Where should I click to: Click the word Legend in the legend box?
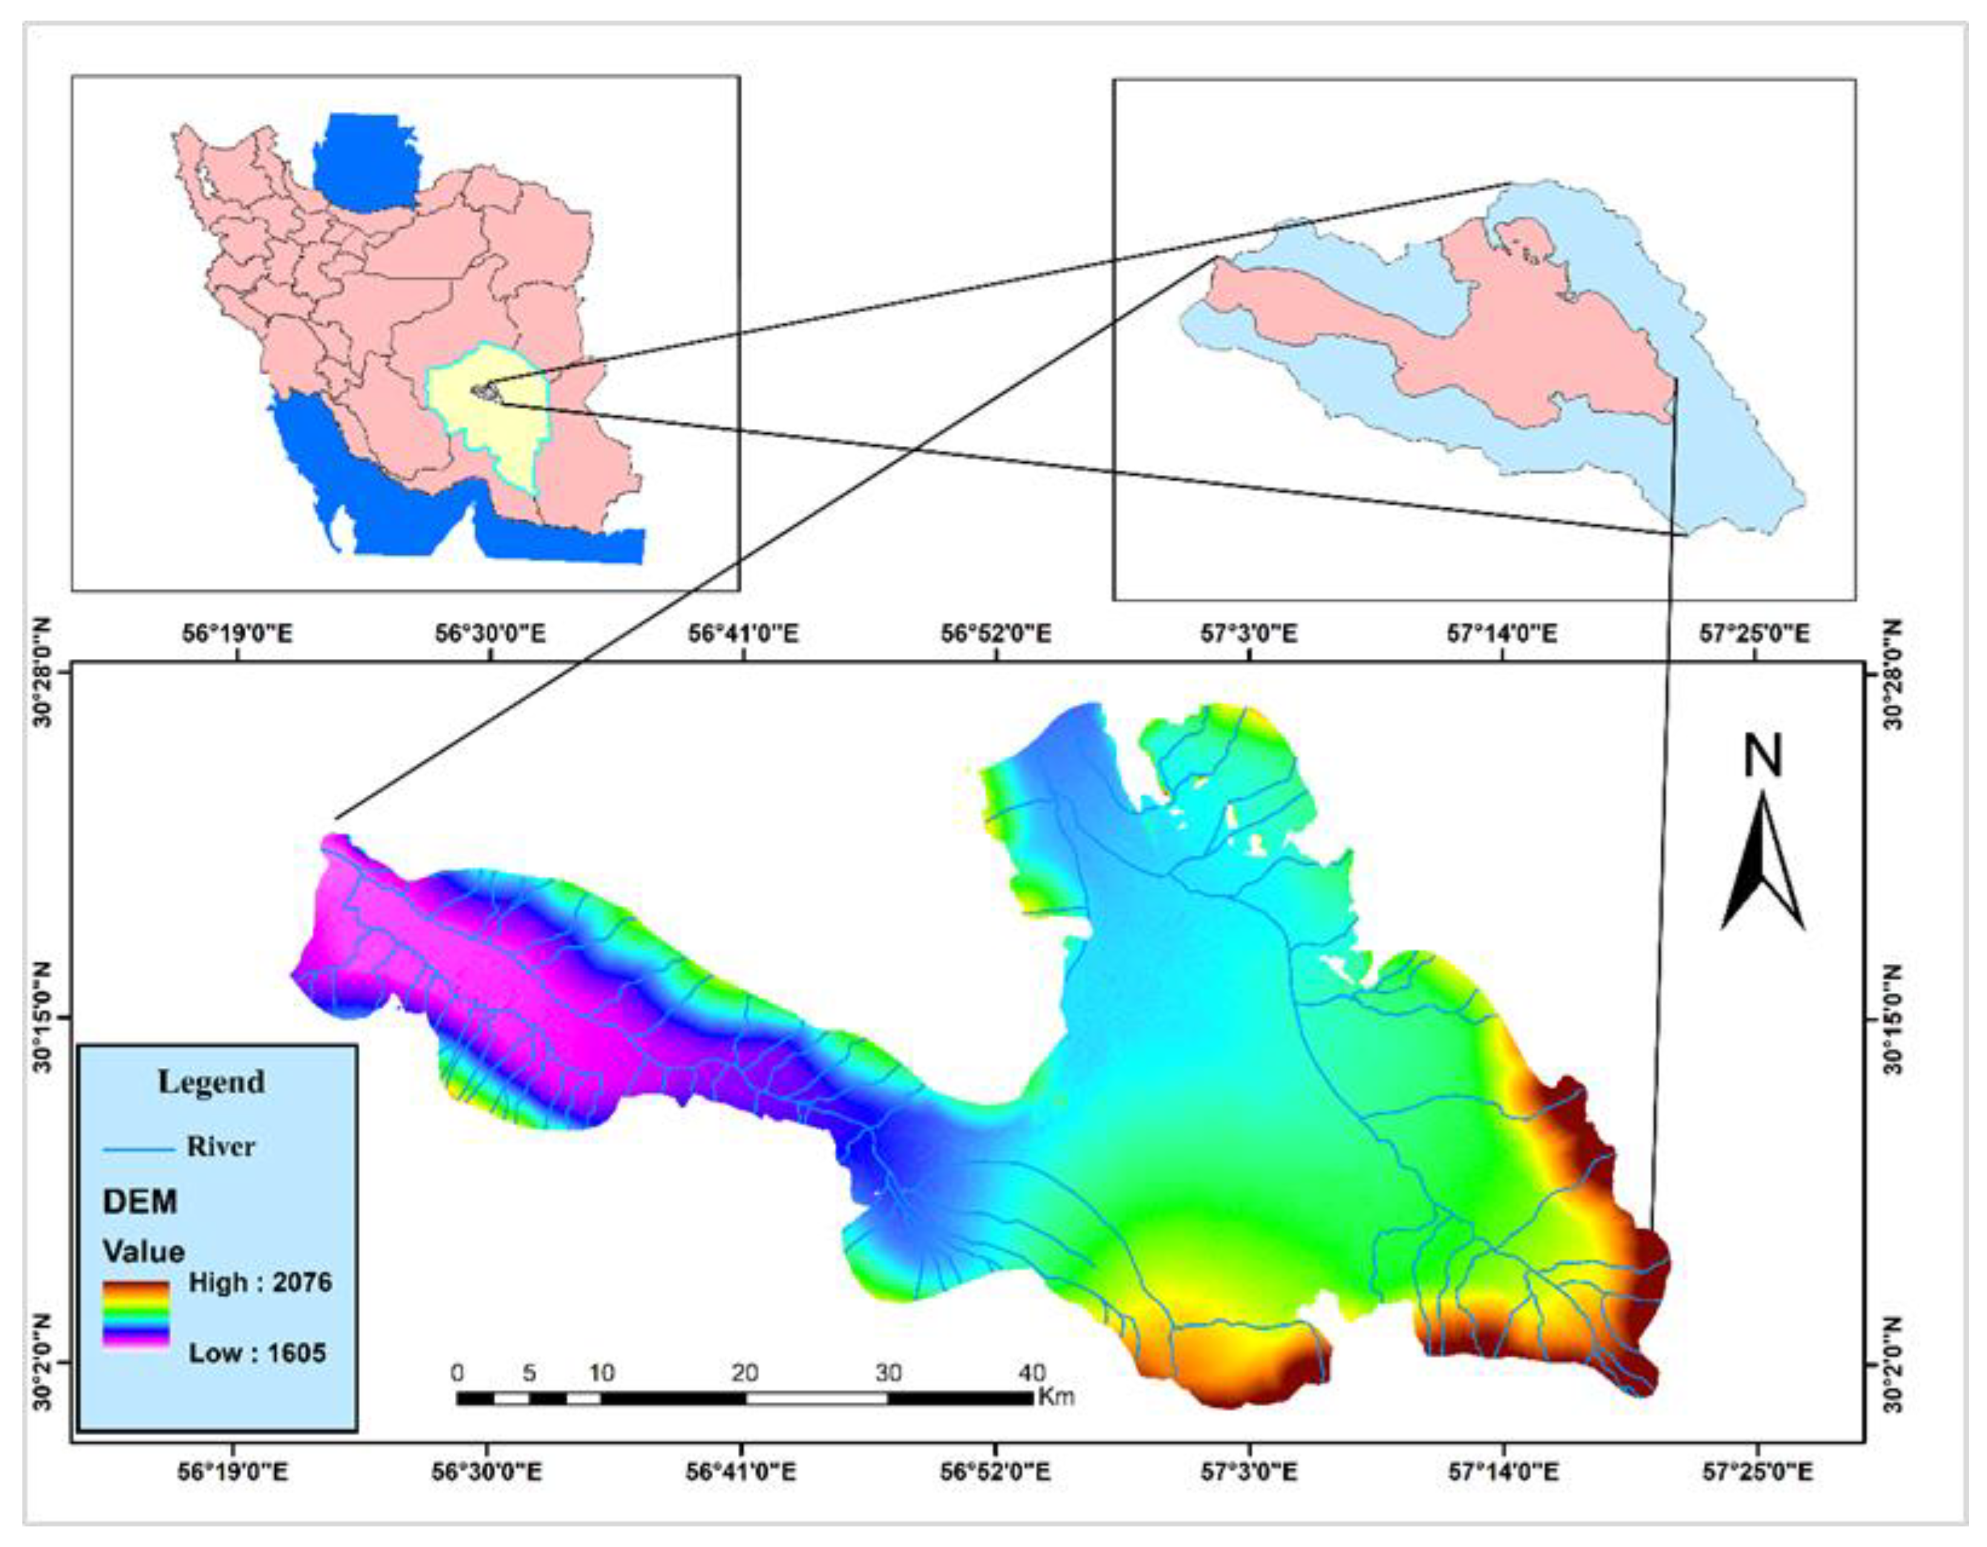(x=211, y=1081)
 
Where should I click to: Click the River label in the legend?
(x=221, y=1146)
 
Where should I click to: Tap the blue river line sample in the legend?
(x=139, y=1150)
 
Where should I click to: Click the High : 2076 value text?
(x=259, y=1283)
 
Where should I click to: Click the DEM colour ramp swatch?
(x=135, y=1316)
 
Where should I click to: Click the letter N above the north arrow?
(x=1762, y=757)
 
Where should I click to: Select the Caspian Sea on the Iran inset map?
(x=364, y=164)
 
